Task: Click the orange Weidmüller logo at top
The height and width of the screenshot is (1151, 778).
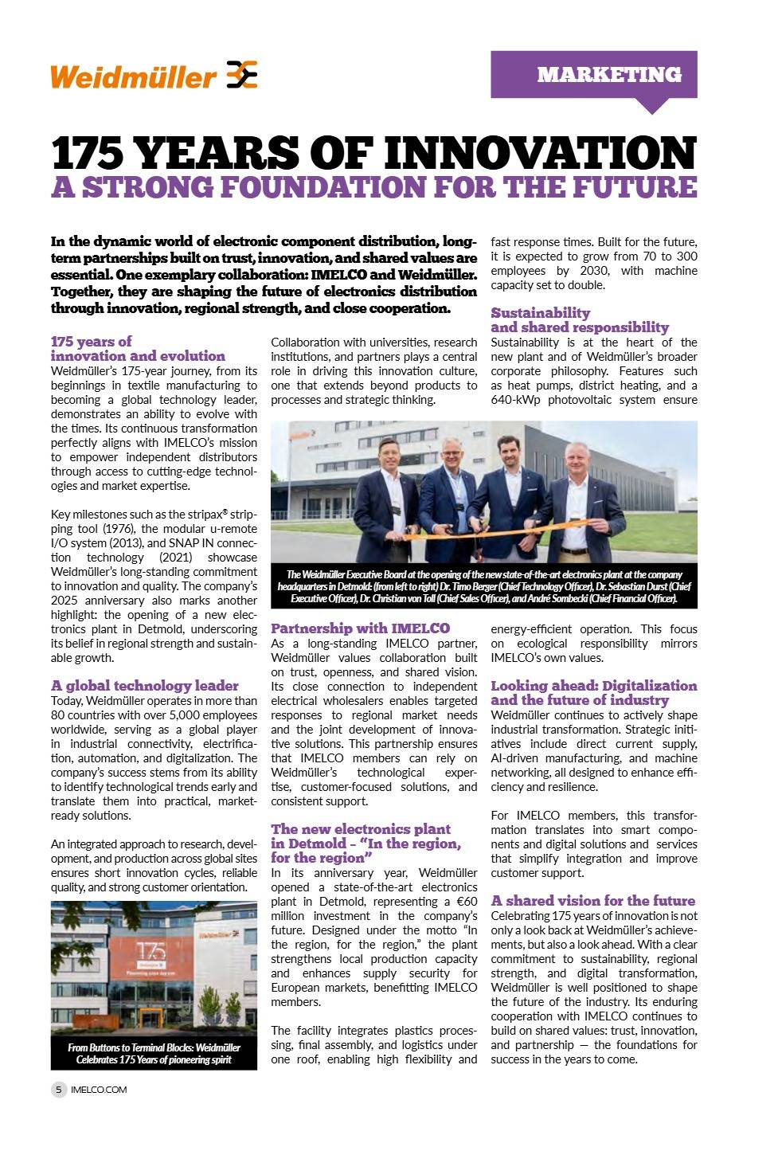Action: [x=154, y=76]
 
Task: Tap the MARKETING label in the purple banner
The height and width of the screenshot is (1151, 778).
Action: [x=609, y=74]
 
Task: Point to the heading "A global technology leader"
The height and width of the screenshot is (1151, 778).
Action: [x=144, y=686]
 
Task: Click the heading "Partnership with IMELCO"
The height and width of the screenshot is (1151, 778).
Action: [x=360, y=628]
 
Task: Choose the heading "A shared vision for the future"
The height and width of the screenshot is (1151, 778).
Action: [x=592, y=901]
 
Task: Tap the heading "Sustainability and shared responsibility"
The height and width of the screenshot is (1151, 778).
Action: [x=579, y=320]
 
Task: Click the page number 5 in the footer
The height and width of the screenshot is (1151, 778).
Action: [x=59, y=1089]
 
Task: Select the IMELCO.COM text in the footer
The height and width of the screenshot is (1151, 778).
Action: [x=99, y=1089]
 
